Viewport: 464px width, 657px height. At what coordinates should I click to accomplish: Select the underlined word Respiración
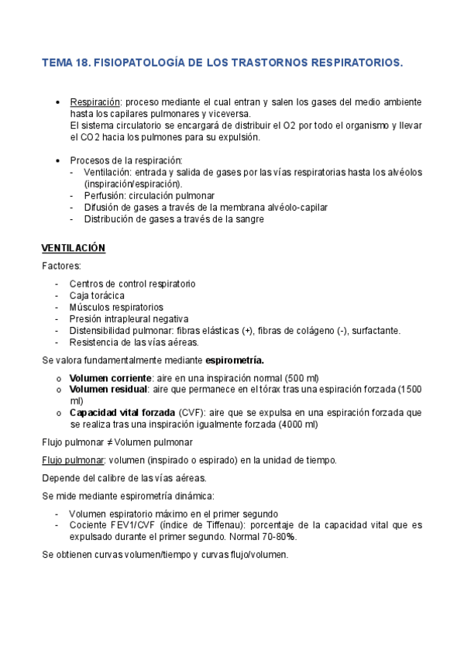point(95,101)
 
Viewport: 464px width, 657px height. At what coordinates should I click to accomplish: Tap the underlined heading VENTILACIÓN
point(73,248)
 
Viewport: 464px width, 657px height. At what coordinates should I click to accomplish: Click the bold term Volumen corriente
point(107,377)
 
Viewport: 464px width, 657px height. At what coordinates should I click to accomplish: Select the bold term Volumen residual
point(105,389)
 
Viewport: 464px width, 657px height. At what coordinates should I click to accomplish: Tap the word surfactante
point(373,330)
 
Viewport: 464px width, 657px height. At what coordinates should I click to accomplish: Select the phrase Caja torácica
point(96,295)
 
